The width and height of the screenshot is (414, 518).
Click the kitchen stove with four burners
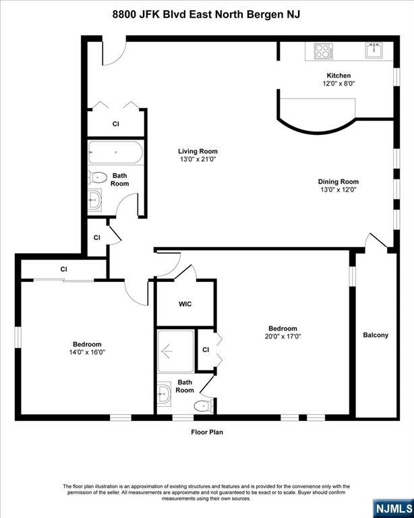(323, 51)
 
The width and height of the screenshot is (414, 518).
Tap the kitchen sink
(374, 51)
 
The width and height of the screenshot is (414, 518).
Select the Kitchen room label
(338, 76)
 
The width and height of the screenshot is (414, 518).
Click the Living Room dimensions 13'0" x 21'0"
(198, 159)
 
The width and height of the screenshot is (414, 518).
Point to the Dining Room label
(338, 181)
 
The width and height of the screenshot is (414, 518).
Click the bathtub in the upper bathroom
(115, 152)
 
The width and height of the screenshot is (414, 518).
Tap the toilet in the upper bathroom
(97, 178)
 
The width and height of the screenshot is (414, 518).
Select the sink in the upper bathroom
(95, 200)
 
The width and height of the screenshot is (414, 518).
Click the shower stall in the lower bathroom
(175, 351)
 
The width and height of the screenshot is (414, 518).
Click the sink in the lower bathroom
(164, 394)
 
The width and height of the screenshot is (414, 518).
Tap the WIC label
(185, 304)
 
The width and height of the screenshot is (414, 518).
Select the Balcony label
(376, 335)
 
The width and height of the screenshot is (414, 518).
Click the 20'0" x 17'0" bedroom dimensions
(283, 337)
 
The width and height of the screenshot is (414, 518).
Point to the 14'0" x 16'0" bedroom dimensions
(87, 352)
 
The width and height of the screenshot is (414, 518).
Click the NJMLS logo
(394, 509)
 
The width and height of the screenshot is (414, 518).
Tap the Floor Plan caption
(207, 432)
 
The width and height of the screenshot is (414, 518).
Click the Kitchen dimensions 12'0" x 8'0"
(338, 84)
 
